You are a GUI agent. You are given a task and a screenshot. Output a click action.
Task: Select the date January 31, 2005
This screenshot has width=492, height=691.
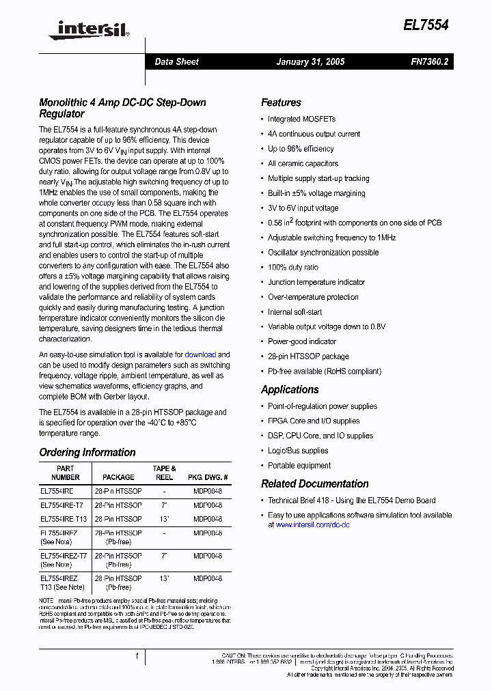click(x=310, y=61)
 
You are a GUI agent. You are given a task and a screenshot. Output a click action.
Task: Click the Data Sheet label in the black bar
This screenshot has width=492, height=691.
click(x=176, y=61)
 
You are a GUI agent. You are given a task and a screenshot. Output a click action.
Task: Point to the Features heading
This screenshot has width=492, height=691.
click(x=281, y=102)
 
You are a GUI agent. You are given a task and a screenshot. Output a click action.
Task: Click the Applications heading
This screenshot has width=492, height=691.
click(x=290, y=389)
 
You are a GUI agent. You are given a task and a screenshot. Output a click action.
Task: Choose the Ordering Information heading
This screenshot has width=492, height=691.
click(x=87, y=452)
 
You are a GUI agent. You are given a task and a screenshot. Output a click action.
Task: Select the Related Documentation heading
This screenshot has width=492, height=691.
click(x=314, y=483)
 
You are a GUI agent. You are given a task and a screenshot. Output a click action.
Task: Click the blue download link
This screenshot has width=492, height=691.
click(x=200, y=355)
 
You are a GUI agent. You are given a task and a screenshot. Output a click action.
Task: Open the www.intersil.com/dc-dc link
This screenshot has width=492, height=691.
click(x=312, y=525)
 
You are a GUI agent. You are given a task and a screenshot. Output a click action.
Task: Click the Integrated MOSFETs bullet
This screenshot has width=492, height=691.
click(x=292, y=119)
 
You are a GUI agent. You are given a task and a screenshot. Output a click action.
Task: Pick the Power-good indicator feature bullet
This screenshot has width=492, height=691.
click(x=301, y=341)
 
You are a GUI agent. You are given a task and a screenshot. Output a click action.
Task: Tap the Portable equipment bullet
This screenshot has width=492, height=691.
click(x=299, y=466)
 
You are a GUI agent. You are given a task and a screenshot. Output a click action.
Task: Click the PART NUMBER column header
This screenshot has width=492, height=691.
click(x=66, y=473)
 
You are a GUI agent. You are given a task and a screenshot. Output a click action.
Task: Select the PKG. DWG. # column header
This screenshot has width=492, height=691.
click(x=207, y=477)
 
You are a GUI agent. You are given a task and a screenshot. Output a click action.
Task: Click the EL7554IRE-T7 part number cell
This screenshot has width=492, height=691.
click(x=61, y=505)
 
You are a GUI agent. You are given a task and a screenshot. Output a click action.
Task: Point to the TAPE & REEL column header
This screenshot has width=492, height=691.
click(x=164, y=473)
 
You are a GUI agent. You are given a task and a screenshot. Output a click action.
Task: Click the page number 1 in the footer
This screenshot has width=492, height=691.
click(x=137, y=656)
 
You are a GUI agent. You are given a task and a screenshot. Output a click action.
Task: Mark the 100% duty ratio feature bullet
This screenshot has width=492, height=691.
click(x=292, y=268)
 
